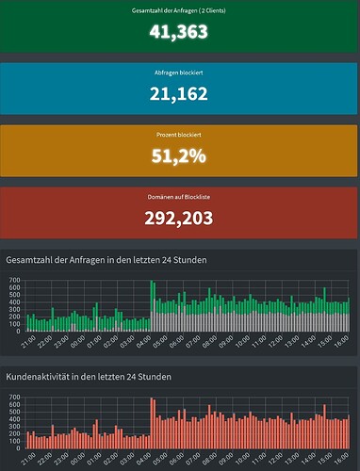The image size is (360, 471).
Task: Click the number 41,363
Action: (x=179, y=30)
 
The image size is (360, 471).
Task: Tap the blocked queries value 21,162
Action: (x=179, y=93)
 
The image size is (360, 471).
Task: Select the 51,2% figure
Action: (x=179, y=156)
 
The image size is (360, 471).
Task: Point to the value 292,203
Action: (x=179, y=219)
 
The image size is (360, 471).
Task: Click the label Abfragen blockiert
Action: (x=179, y=73)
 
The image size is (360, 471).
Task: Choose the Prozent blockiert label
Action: (x=179, y=136)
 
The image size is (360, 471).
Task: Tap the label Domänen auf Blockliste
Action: (x=179, y=198)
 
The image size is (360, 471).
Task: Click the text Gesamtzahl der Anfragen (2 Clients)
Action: (x=179, y=10)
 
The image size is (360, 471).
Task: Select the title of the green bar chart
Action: (x=106, y=260)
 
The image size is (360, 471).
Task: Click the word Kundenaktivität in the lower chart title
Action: (x=42, y=377)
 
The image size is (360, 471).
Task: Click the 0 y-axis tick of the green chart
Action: (x=18, y=332)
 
